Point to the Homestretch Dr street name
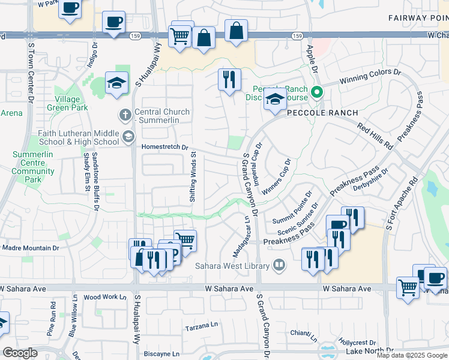165,147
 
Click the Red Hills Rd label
374,137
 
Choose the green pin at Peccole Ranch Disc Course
318,93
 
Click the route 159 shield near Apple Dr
297,37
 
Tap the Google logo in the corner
19,353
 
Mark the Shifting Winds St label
193,178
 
